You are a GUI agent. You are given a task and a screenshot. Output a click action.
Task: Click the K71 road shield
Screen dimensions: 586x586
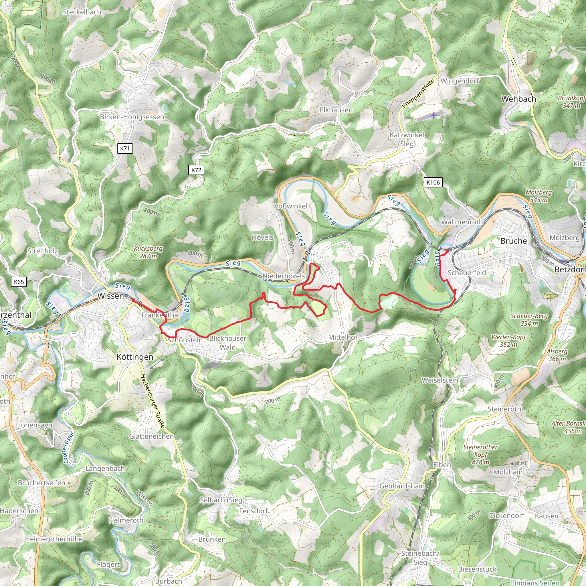tap(125, 148)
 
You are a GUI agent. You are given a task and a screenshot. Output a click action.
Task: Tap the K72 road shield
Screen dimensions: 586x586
tap(196, 170)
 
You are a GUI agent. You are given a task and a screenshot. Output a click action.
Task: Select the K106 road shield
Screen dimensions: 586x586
tap(433, 182)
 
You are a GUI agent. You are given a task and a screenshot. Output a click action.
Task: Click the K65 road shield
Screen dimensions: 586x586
tap(19, 282)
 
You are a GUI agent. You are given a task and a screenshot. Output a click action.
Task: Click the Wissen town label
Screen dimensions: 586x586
tap(110, 296)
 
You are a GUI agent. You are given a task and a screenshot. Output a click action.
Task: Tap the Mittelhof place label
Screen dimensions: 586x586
tap(343, 337)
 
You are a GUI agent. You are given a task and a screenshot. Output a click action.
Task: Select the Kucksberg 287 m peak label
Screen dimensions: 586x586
tap(148, 252)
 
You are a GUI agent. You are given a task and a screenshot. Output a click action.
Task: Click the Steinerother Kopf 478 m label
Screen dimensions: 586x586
tap(480, 455)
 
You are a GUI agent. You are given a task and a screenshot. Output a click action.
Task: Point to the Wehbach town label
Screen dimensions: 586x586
tap(519, 99)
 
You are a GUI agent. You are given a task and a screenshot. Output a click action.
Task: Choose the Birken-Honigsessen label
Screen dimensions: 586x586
tap(132, 117)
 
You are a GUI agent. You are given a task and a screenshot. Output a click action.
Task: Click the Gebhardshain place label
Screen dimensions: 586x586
tap(402, 486)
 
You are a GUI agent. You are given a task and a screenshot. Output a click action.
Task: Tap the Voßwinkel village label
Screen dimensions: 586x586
tap(291, 206)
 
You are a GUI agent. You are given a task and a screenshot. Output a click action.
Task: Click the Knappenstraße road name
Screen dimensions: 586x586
tap(418, 93)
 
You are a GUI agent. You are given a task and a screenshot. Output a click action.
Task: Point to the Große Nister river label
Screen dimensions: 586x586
tap(69, 448)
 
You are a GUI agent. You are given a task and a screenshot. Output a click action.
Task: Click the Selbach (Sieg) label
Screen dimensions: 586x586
tap(222, 500)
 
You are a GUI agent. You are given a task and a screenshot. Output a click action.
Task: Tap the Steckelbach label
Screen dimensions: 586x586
tap(82, 12)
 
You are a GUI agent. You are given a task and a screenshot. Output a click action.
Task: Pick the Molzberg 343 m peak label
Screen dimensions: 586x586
tap(539, 196)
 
